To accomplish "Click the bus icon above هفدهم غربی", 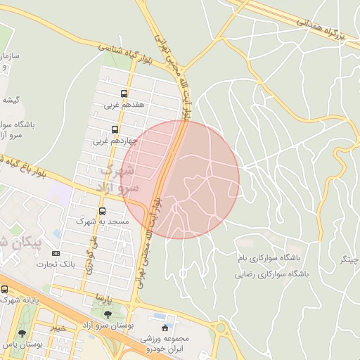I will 124,94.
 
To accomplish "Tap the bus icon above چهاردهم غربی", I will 115,129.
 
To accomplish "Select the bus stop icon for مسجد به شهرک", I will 103,211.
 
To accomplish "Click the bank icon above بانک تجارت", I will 56,253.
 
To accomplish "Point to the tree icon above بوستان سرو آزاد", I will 108,314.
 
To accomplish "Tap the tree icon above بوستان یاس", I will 24,333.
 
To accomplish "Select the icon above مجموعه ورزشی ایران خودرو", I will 165,327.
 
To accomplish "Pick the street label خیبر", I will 58,327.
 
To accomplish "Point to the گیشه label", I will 10,100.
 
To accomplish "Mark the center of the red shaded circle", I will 180,179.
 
